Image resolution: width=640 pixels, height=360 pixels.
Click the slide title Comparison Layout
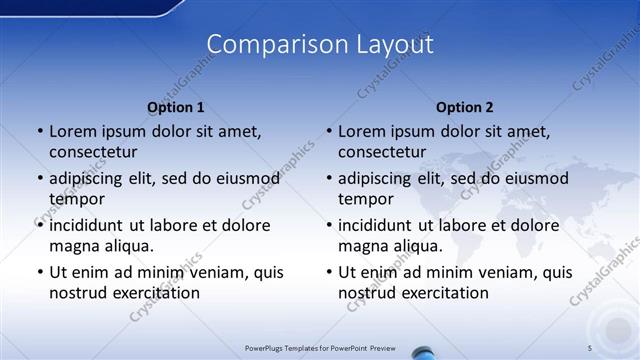pyautogui.click(x=320, y=44)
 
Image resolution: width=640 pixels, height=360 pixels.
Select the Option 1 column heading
pyautogui.click(x=175, y=107)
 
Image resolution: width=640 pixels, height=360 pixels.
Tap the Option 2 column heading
pyautogui.click(x=464, y=107)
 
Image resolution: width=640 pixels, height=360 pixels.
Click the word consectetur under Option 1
pyautogui.click(x=92, y=152)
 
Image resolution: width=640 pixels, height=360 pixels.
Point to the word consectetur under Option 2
pyautogui.click(x=381, y=152)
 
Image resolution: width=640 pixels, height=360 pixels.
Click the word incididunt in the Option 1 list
pyautogui.click(x=88, y=225)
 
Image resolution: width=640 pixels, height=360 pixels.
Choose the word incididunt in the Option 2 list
pyautogui.click(x=377, y=225)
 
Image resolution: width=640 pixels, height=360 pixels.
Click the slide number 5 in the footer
pyautogui.click(x=589, y=347)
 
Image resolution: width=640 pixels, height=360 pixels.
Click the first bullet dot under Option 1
pyautogui.click(x=39, y=131)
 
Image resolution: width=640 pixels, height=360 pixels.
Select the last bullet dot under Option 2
pyautogui.click(x=328, y=272)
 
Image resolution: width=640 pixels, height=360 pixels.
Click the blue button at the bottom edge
pyautogui.click(x=423, y=354)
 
